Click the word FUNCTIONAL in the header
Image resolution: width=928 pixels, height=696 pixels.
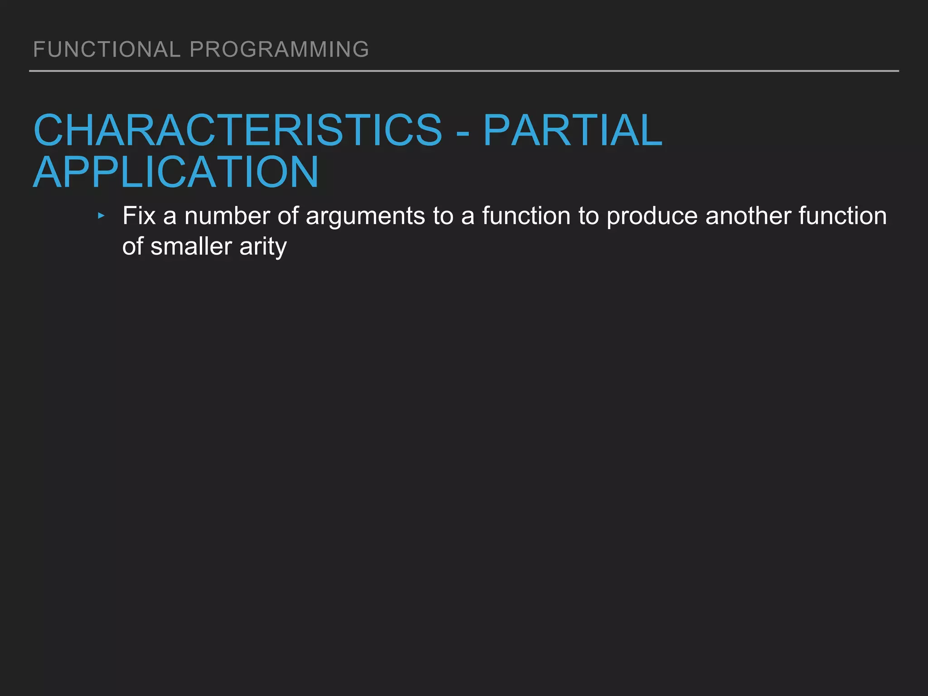(x=107, y=49)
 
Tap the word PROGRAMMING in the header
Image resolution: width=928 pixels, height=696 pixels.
(x=279, y=49)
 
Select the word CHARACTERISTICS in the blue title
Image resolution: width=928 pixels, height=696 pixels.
(x=237, y=130)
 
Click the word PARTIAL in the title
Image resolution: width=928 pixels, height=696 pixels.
(x=573, y=130)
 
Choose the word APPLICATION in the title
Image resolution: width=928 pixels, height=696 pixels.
(x=176, y=173)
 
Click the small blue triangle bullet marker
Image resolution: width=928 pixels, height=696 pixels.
(x=101, y=216)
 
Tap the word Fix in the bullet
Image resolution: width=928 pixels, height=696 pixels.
(x=139, y=216)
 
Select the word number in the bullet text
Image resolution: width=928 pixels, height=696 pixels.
(x=227, y=216)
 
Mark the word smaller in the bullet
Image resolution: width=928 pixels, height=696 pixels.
(x=191, y=246)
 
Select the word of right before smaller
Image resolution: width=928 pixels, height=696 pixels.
(x=132, y=246)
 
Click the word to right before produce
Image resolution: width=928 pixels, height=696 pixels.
(x=588, y=216)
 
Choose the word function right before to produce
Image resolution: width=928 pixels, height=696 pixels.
(x=526, y=216)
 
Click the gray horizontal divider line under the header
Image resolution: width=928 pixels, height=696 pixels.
(x=464, y=71)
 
